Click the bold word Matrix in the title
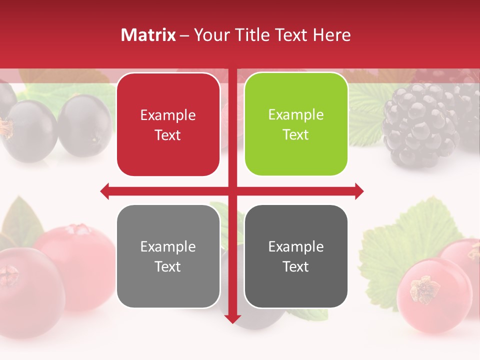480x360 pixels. point(148,35)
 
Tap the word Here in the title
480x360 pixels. point(332,35)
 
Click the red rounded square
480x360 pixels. point(168,124)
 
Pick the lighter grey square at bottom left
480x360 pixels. point(168,256)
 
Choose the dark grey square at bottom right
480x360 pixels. point(296,256)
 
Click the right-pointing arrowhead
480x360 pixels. point(359,191)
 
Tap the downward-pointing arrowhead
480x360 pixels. point(232,318)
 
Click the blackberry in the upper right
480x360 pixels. point(420,125)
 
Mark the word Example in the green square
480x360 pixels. point(296,115)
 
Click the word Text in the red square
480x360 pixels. point(168,135)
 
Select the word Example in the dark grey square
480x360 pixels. point(296,246)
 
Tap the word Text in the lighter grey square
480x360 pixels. point(168,267)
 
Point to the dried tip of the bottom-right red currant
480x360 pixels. point(425,289)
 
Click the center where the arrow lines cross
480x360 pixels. point(232,191)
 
